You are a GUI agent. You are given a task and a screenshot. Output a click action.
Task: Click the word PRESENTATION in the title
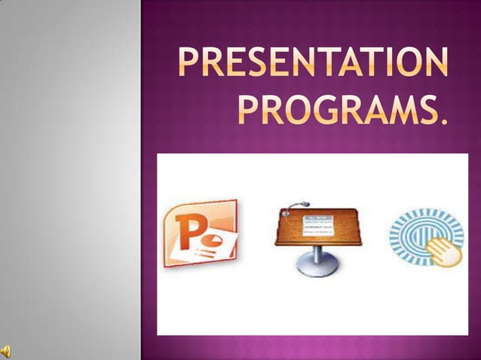tap(311, 64)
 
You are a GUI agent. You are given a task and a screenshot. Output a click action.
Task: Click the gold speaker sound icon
tap(6, 349)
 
